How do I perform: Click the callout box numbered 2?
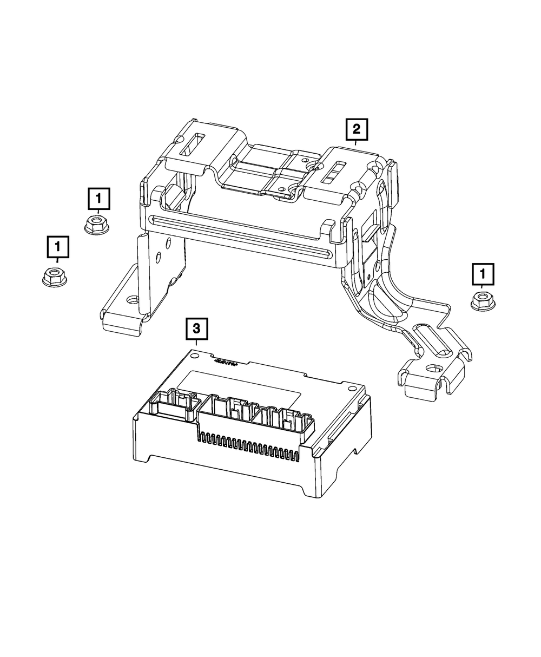pos(355,129)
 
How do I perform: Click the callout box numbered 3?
pos(196,327)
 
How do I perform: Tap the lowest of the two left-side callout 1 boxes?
pos(57,247)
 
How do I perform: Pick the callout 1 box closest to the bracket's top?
pos(98,199)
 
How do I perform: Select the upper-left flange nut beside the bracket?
pos(97,224)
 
